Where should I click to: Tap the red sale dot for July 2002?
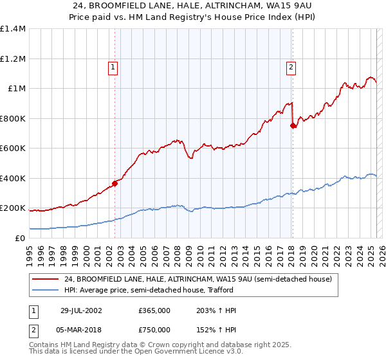coord(115,183)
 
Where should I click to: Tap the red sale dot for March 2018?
coord(293,126)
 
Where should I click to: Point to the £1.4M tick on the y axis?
coord(13,29)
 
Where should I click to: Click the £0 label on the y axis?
coord(21,239)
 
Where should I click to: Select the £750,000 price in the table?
coord(154,330)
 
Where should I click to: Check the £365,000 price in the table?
coord(154,310)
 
